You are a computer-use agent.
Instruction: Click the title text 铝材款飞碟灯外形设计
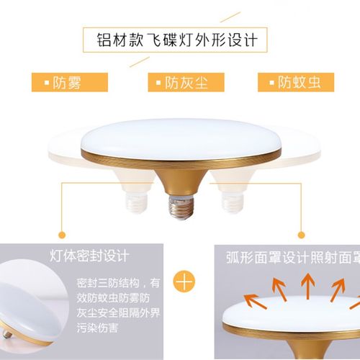coord(179,37)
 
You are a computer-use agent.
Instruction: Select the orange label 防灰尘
coord(180,81)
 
